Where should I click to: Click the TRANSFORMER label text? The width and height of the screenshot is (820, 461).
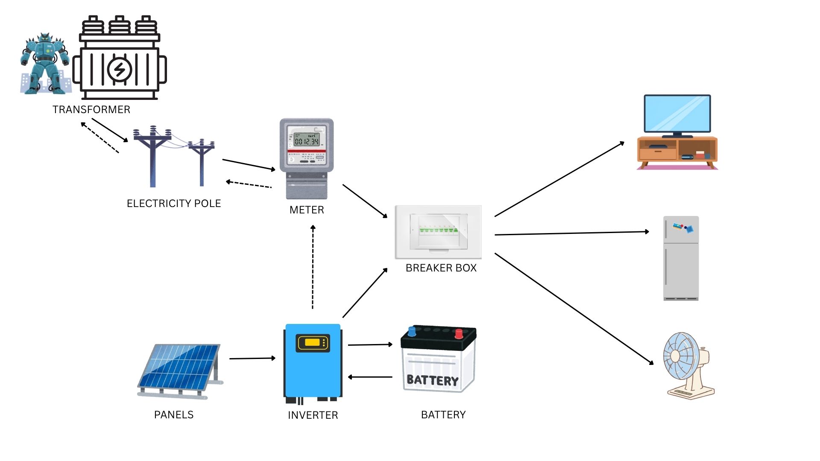pyautogui.click(x=91, y=110)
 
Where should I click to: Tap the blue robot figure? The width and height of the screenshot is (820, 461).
pyautogui.click(x=44, y=63)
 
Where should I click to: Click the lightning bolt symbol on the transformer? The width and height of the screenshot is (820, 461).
pyautogui.click(x=120, y=69)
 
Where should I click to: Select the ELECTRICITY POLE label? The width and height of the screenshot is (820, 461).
pyautogui.click(x=174, y=204)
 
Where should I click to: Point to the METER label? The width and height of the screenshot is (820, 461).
pyautogui.click(x=307, y=210)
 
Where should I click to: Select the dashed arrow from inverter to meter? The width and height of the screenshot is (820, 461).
pyautogui.click(x=313, y=267)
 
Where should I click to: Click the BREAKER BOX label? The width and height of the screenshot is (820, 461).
pyautogui.click(x=441, y=268)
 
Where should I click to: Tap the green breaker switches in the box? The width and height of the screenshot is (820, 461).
pyautogui.click(x=438, y=230)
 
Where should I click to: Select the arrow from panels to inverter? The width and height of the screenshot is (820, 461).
pyautogui.click(x=252, y=359)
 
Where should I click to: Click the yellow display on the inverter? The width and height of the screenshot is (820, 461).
pyautogui.click(x=313, y=342)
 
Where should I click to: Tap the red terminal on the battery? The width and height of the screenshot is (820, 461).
pyautogui.click(x=459, y=333)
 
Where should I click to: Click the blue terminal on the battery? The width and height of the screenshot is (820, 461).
pyautogui.click(x=412, y=331)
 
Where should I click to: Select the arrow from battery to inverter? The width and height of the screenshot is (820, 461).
pyautogui.click(x=370, y=377)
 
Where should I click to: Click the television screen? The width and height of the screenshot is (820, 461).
pyautogui.click(x=677, y=114)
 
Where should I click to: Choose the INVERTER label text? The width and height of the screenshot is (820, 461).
pyautogui.click(x=313, y=415)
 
